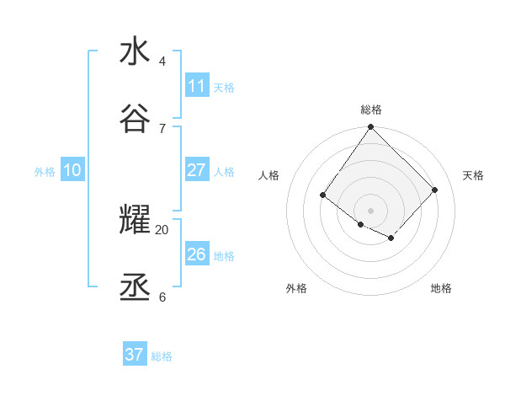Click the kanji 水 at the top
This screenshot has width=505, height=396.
tap(135, 51)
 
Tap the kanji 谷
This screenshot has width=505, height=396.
tap(135, 120)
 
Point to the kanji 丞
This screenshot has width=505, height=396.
tap(135, 290)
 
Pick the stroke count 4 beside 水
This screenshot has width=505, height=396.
tap(162, 62)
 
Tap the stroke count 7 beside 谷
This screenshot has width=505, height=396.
tap(162, 129)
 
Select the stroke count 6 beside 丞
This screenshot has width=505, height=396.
tap(162, 297)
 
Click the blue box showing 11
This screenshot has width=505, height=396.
tap(197, 86)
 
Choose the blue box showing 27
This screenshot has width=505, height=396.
tap(197, 170)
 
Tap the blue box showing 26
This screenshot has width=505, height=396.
tap(197, 254)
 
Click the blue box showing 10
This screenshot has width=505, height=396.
tap(72, 170)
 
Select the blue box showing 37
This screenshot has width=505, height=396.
tap(135, 355)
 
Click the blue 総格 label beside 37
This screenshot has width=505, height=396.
tap(162, 356)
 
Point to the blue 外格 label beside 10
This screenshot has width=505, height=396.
tap(45, 172)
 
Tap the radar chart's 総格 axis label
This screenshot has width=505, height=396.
tap(371, 110)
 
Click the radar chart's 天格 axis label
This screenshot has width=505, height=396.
tap(473, 175)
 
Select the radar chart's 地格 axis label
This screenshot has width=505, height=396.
tap(441, 289)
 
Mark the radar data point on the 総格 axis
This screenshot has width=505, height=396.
tap(371, 128)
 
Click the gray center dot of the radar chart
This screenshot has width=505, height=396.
tap(371, 211)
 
